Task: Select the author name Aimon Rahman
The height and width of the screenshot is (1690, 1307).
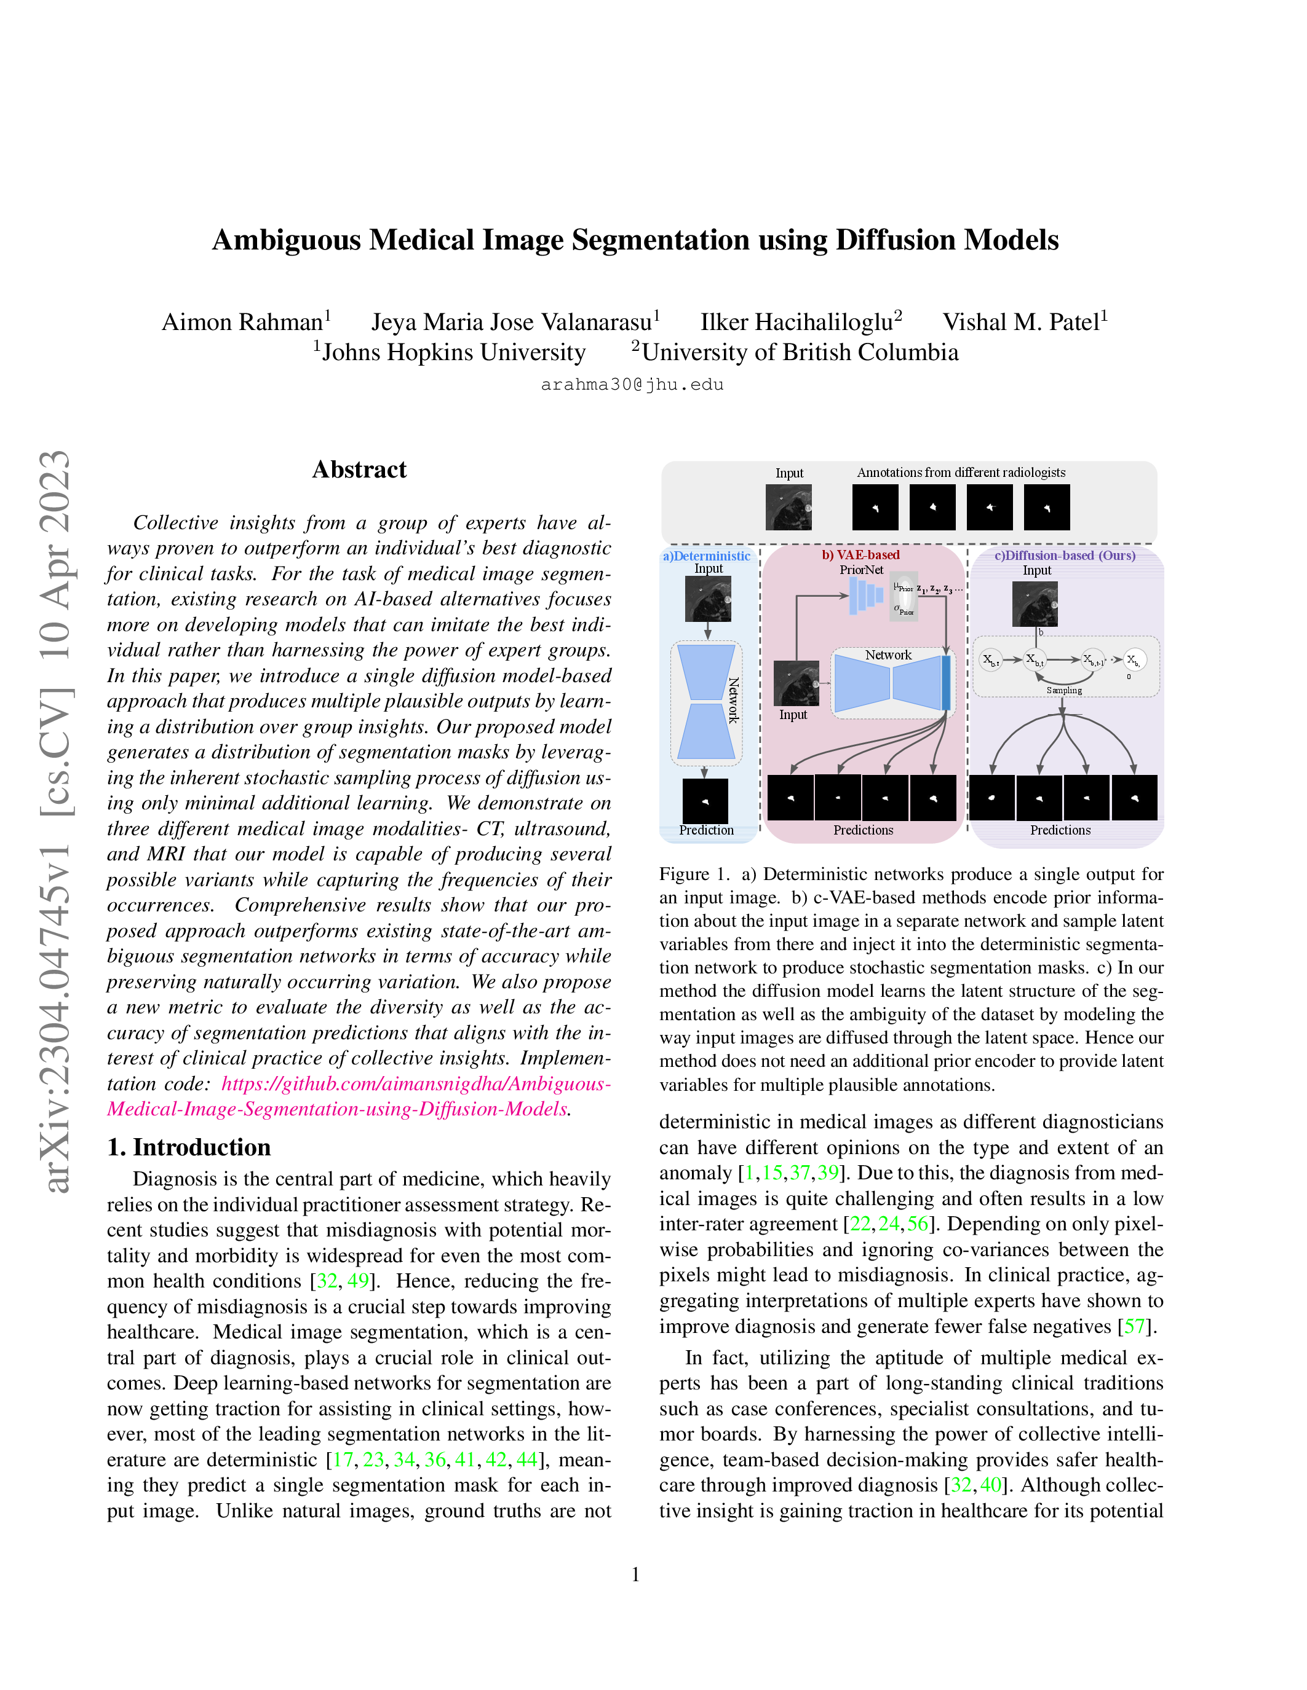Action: click(242, 322)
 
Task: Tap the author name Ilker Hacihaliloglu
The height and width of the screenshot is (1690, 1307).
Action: click(797, 322)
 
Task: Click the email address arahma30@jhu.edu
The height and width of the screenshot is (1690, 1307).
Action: click(632, 385)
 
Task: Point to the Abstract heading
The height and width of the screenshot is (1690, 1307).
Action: click(359, 470)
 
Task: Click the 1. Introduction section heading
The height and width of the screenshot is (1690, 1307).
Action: click(189, 1147)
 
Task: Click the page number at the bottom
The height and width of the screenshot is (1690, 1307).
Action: click(636, 1574)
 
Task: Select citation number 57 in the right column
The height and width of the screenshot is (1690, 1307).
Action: click(1134, 1326)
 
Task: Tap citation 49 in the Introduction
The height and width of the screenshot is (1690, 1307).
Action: click(358, 1281)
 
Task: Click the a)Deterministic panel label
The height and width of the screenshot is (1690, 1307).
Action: click(706, 556)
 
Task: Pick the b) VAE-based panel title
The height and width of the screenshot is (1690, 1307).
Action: click(860, 555)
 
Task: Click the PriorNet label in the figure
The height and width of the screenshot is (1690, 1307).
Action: click(861, 570)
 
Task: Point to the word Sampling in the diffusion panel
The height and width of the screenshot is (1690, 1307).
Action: click(1064, 690)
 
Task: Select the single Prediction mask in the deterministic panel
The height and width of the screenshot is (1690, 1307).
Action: click(705, 800)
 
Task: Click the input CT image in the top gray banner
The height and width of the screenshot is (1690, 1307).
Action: click(789, 507)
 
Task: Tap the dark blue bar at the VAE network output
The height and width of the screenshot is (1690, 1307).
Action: click(945, 683)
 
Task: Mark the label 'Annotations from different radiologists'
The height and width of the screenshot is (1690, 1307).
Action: click(961, 473)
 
